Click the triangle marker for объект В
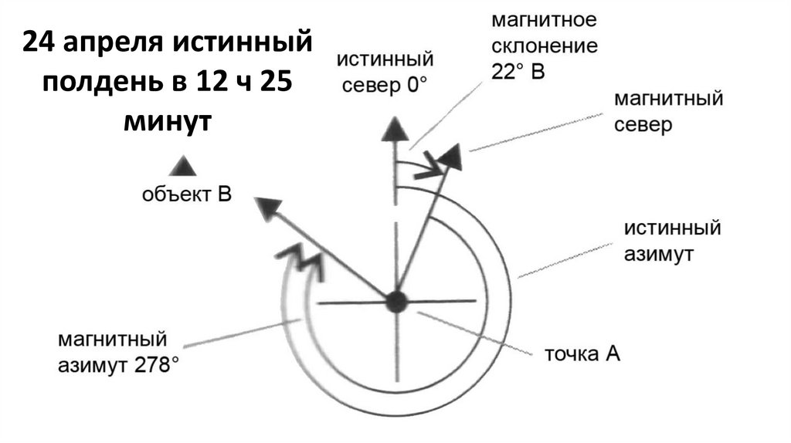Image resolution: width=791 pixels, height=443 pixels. pyautogui.click(x=183, y=165)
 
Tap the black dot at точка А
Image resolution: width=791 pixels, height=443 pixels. pyautogui.click(x=396, y=301)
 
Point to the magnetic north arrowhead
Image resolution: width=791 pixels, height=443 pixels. pyautogui.click(x=451, y=157)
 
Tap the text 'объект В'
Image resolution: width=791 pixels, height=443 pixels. pyautogui.click(x=186, y=194)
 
